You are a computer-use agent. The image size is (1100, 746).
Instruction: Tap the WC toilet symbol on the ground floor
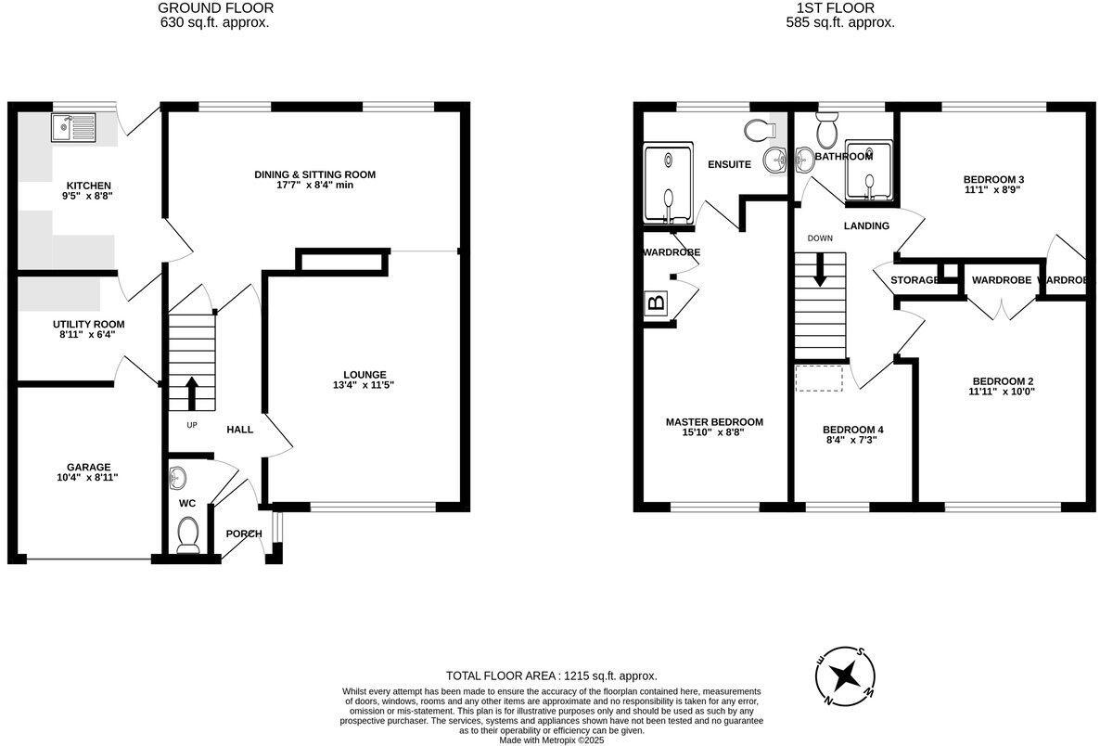(188, 535)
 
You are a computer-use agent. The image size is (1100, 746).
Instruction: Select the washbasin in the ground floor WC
(179, 479)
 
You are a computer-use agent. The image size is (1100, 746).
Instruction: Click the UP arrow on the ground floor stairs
(192, 392)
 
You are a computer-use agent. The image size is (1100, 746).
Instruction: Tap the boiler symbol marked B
(657, 302)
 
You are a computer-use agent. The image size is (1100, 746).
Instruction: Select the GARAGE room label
(88, 467)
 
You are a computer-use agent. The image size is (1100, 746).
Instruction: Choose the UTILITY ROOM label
(88, 324)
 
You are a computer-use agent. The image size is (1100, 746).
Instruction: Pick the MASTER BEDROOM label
(714, 421)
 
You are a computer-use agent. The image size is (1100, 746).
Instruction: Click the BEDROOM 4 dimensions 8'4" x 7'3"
(852, 440)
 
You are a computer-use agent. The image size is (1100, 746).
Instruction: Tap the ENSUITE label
(729, 164)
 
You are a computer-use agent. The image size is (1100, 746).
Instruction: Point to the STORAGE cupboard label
(915, 280)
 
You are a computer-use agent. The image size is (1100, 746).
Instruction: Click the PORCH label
(244, 534)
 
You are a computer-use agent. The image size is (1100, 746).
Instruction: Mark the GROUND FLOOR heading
(215, 8)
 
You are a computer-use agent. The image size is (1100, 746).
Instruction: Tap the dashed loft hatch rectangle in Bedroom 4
(819, 378)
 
